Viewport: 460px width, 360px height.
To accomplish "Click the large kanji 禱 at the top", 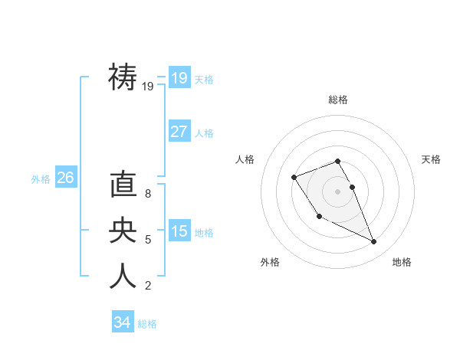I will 123,77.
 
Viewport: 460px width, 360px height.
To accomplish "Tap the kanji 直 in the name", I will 123,185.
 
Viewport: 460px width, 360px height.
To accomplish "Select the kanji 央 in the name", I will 123,231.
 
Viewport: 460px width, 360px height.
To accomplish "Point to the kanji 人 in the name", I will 123,276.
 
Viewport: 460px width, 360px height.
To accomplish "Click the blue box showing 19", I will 179,77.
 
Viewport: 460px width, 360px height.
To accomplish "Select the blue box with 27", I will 179,131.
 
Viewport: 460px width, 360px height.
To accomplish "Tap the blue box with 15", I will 179,231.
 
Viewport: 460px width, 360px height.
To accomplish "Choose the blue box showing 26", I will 65,178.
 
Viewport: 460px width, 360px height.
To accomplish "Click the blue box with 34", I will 122,322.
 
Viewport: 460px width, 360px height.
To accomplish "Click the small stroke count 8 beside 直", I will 148,195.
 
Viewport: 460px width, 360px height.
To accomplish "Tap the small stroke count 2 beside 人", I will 148,286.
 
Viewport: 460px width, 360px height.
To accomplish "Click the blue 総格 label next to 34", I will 147,324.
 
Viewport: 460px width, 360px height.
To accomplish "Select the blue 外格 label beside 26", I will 41,179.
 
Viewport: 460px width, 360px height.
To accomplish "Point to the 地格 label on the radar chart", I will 402,262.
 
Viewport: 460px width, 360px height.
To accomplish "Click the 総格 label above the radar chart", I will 338,100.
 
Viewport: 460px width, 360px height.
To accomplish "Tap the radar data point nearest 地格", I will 374,242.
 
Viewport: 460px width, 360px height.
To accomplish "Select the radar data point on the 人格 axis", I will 294,178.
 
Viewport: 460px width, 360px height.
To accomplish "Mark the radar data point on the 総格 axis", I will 338,162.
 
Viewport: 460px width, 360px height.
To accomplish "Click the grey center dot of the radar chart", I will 338,191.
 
